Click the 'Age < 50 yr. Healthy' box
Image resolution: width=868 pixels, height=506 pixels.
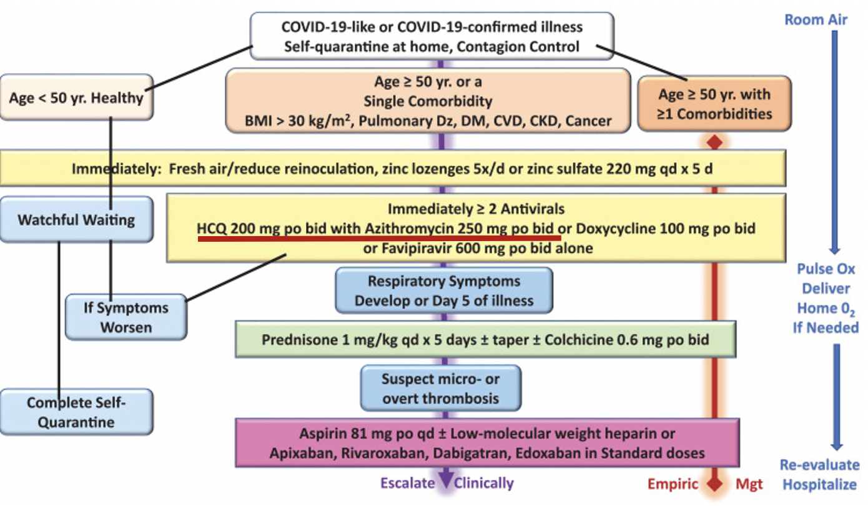tap(76, 98)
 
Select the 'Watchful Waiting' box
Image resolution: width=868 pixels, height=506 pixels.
tap(76, 219)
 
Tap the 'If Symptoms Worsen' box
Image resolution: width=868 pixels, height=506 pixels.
tap(126, 317)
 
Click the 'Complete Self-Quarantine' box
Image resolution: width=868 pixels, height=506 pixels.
tap(76, 412)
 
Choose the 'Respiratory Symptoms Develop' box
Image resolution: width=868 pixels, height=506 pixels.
tap(444, 290)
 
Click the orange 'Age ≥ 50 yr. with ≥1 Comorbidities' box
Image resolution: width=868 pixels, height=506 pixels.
tap(714, 104)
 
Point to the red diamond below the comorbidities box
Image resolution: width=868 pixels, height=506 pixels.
tap(714, 142)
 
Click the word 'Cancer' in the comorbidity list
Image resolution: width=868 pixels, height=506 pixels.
tap(589, 121)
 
